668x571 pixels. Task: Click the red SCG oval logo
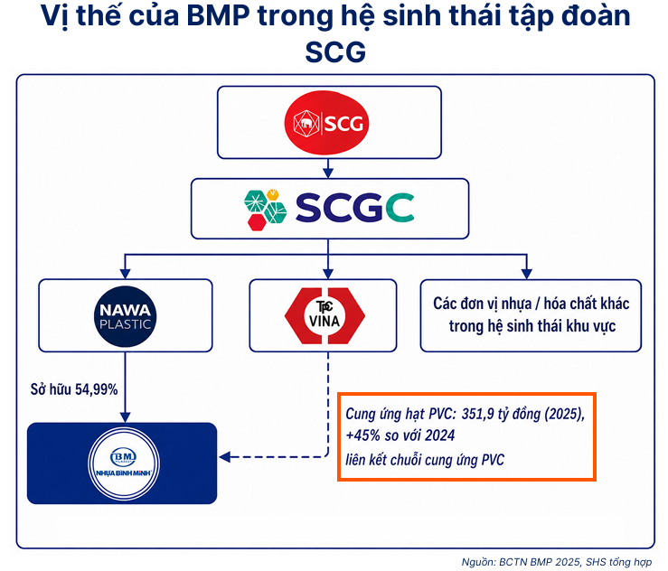(x=326, y=123)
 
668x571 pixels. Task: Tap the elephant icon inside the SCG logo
(x=306, y=124)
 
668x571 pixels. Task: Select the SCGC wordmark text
(x=355, y=208)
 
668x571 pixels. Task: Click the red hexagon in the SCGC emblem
(x=257, y=222)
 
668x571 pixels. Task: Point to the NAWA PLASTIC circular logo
(x=126, y=316)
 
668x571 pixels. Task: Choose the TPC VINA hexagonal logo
(x=325, y=315)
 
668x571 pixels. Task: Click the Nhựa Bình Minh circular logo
(x=124, y=463)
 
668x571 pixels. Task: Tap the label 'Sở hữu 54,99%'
(x=74, y=389)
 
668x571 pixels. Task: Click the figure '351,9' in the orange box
(x=478, y=414)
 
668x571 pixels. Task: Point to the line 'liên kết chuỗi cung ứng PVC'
(x=425, y=460)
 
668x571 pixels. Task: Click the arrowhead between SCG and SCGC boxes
(x=327, y=172)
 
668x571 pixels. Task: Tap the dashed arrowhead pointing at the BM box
(x=225, y=457)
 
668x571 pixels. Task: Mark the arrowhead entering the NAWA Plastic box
(x=125, y=273)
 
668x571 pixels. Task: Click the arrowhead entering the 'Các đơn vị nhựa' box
(x=527, y=274)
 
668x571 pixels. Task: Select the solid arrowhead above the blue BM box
(x=125, y=417)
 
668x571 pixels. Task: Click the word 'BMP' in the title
(x=218, y=15)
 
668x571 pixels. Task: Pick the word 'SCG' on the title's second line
(x=335, y=51)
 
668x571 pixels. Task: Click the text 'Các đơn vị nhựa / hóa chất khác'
(x=532, y=304)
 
